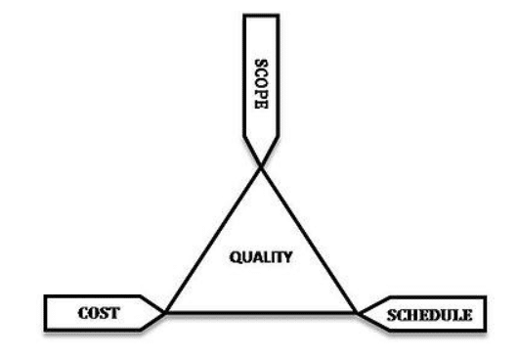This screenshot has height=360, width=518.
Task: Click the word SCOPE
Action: (261, 84)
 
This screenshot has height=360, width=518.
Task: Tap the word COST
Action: (99, 313)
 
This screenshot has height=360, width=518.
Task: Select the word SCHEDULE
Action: (429, 315)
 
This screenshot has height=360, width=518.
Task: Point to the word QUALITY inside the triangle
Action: (261, 257)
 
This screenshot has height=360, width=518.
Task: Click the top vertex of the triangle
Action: (261, 168)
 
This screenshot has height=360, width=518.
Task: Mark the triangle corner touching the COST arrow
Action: (165, 312)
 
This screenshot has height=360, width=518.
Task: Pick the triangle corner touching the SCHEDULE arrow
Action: (357, 312)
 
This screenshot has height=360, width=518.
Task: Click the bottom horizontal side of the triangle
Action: (261, 312)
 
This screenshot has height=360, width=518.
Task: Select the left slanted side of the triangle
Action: (213, 241)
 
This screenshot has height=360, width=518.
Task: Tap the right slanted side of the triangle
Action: (309, 241)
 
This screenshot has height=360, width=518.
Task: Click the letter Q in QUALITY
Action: (236, 257)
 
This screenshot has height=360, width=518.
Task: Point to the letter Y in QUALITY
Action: (288, 257)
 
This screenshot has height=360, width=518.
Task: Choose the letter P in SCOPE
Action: (261, 94)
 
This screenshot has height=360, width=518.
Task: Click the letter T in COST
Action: (114, 313)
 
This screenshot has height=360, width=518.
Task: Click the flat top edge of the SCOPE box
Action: (261, 16)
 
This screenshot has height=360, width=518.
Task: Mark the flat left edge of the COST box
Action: (46, 313)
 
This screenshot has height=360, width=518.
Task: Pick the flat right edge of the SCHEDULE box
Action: (485, 313)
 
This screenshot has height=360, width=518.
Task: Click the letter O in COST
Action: (94, 313)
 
